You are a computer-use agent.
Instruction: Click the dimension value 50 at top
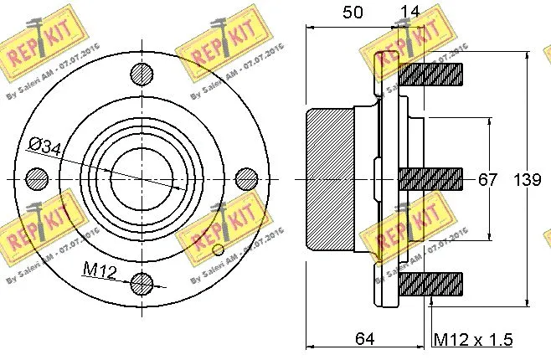(353, 13)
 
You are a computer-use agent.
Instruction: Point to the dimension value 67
(487, 180)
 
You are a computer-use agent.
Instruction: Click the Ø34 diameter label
(44, 147)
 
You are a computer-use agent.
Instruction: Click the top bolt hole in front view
(143, 73)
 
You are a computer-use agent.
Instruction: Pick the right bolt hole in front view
(246, 179)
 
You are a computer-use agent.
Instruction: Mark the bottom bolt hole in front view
(143, 283)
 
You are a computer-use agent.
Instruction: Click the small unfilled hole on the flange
(219, 249)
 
